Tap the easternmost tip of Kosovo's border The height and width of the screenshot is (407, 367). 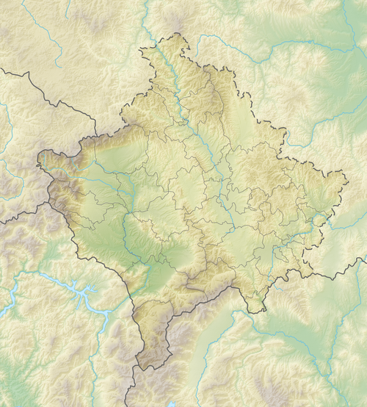pyautogui.click(x=347, y=176)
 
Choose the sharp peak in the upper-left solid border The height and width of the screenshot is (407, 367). pyautogui.click(x=27, y=73)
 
